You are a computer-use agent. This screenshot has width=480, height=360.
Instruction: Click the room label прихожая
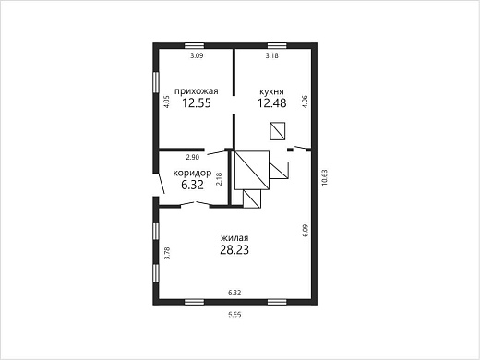pyautogui.click(x=197, y=91)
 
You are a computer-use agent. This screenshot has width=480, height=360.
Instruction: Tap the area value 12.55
pyautogui.click(x=197, y=103)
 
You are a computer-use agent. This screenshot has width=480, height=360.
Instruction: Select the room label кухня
pyautogui.click(x=271, y=91)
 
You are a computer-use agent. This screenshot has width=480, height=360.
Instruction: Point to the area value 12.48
pyautogui.click(x=272, y=103)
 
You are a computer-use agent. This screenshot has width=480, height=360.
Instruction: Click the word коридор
pyautogui.click(x=192, y=173)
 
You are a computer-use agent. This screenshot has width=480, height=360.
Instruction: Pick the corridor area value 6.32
pyautogui.click(x=192, y=185)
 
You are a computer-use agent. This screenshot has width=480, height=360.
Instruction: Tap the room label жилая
pyautogui.click(x=234, y=238)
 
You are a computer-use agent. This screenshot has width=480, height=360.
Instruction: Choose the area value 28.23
pyautogui.click(x=234, y=250)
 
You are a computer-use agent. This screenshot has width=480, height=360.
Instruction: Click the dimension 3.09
pyautogui.click(x=197, y=56)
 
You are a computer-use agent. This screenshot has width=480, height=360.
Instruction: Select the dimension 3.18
pyautogui.click(x=272, y=56)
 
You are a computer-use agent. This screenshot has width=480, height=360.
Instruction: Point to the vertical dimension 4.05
pyautogui.click(x=166, y=102)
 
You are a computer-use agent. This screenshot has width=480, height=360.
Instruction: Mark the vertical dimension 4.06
pyautogui.click(x=305, y=102)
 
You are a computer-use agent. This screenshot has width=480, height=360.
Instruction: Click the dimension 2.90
pyautogui.click(x=193, y=157)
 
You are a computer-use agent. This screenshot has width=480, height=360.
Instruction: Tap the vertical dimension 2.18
pyautogui.click(x=219, y=178)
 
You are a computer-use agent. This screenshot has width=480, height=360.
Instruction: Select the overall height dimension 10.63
pyautogui.click(x=325, y=177)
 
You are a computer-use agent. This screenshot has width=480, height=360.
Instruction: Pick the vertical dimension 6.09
pyautogui.click(x=305, y=230)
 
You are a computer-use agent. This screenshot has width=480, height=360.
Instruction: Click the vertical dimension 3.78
pyautogui.click(x=167, y=253)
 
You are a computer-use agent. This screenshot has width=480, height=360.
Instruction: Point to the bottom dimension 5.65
pyautogui.click(x=234, y=315)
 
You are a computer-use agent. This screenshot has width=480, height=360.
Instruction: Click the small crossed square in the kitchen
pyautogui.click(x=278, y=131)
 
